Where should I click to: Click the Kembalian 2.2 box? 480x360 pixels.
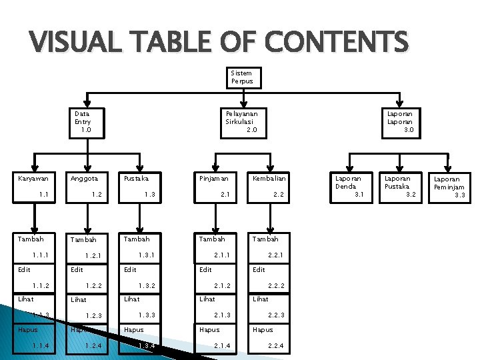[271, 187]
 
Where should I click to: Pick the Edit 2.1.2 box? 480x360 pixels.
[218, 277]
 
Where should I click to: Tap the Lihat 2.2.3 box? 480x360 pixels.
[271, 307]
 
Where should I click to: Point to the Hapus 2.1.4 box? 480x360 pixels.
[218, 337]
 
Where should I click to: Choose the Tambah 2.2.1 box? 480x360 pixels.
[271, 247]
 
